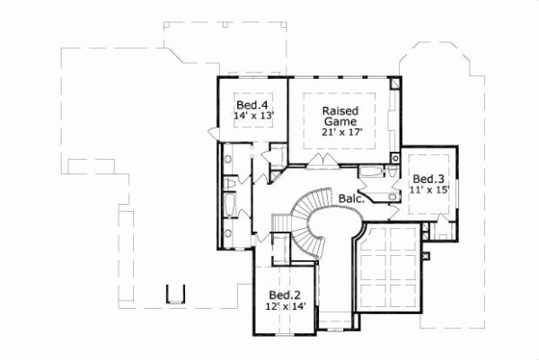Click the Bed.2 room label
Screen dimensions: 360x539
[x=285, y=295]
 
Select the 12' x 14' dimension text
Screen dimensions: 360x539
[x=285, y=307]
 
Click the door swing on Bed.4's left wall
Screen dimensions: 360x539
[x=214, y=133]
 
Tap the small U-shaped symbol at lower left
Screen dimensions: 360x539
[x=176, y=294]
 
